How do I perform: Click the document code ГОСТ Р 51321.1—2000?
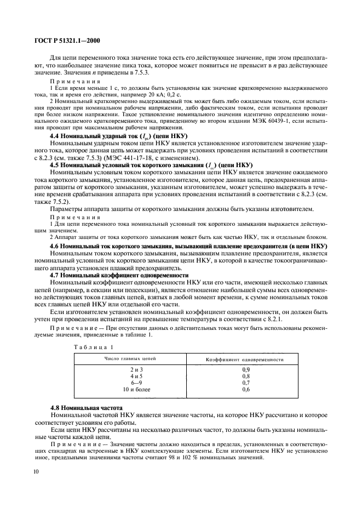point(61,40)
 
